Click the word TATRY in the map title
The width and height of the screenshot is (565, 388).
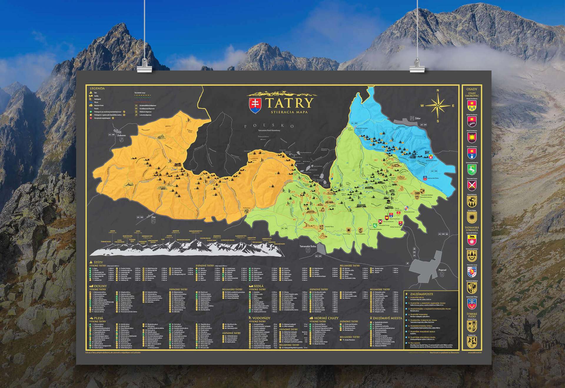coord(289,103)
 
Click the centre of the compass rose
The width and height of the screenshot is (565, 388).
coord(438,106)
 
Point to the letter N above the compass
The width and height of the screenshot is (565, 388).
coord(438,91)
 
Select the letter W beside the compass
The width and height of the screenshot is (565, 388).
coord(422,106)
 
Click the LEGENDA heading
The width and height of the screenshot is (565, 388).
coord(97,88)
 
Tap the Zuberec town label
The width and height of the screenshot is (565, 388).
coord(121,136)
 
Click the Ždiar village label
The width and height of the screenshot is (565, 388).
coord(418,118)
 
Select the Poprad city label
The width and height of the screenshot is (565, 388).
coord(442,270)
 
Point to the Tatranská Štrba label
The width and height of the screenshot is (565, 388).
coord(308,246)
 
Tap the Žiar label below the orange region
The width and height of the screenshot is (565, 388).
coord(153,217)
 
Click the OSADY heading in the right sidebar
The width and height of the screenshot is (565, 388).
coord(472,89)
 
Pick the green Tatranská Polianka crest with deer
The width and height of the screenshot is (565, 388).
coord(472,169)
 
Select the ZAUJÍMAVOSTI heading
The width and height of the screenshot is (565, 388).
coord(421,294)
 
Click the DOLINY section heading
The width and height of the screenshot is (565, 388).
coord(100,286)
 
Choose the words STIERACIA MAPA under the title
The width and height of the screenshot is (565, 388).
coord(289,112)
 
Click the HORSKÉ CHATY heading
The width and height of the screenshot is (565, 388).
coord(326,318)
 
